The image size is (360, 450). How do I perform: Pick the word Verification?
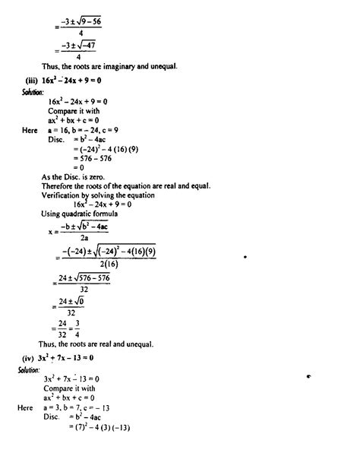(63, 195)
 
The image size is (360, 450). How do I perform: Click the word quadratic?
(82, 215)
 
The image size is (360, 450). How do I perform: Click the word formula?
(115, 215)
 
